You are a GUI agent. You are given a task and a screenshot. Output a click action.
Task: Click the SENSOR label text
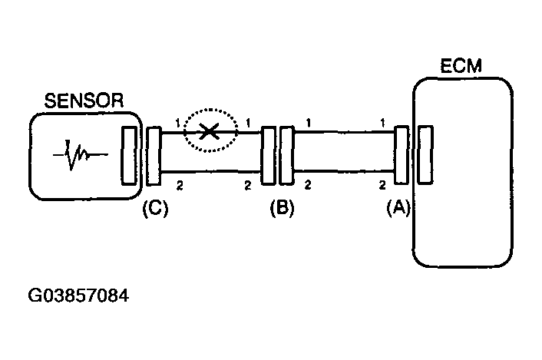point(84,101)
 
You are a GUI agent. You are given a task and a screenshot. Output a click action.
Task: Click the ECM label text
point(461,66)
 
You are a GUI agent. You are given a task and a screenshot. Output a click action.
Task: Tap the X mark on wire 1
point(209,131)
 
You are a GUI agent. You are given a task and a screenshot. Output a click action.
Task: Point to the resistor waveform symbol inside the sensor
point(80,154)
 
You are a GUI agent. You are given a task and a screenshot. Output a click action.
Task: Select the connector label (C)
point(155,208)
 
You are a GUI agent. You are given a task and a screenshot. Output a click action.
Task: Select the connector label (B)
point(282,208)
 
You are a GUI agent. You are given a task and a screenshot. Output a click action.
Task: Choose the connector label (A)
point(398,208)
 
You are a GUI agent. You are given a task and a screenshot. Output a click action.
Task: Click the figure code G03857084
point(78,296)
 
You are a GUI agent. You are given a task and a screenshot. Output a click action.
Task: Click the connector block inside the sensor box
point(129,155)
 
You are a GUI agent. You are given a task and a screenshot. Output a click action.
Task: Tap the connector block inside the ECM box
point(425,154)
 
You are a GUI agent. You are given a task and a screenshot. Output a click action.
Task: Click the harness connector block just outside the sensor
point(153,156)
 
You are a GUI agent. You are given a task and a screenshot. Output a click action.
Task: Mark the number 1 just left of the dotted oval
point(177,123)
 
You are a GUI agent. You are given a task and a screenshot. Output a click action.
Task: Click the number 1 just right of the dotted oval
point(248,123)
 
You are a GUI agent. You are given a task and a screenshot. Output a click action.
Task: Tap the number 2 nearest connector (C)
point(180,186)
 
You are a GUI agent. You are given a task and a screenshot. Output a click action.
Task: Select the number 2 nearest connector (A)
point(382,185)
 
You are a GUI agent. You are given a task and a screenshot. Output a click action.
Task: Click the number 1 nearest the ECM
point(382,123)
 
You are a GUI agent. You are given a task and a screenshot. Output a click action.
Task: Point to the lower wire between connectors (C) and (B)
point(211,171)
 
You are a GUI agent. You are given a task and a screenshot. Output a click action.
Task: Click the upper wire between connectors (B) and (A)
point(344,131)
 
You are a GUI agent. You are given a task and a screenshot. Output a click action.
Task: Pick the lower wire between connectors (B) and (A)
point(344,170)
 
